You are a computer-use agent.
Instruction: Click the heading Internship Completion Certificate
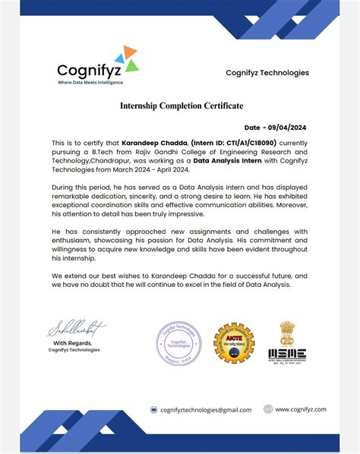182,106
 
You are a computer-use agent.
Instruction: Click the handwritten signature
76,329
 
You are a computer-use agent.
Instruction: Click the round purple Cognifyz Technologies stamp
178,342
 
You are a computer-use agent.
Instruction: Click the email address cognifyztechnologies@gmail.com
206,410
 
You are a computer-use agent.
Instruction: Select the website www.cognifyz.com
301,409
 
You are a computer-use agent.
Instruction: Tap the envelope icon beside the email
153,410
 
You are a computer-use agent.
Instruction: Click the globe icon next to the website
268,409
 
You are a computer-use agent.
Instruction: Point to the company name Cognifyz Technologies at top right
267,72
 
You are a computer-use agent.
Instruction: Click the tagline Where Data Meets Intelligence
90,82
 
